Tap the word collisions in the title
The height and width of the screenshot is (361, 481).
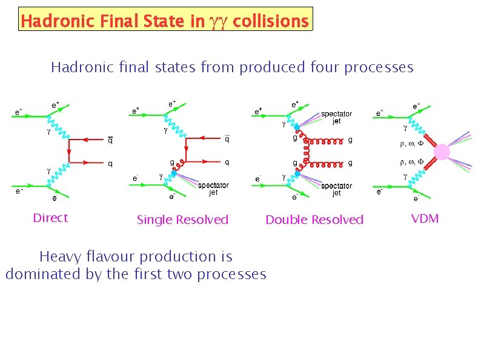tap(270, 22)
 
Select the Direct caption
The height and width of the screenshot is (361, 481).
tap(50, 218)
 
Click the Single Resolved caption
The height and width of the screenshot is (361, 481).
tap(182, 220)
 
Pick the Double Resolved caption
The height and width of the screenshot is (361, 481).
tap(314, 220)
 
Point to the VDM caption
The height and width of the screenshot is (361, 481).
tap(425, 218)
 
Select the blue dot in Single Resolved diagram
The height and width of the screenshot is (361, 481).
tap(174, 174)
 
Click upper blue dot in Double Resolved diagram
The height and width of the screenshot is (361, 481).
tap(297, 129)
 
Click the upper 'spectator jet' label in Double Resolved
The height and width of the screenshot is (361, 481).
tap(336, 117)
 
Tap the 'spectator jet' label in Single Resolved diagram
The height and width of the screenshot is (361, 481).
tap(213, 189)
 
